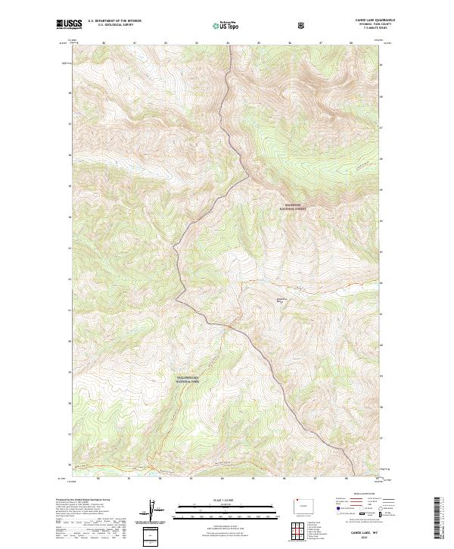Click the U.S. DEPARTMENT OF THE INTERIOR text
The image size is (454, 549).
(x=114, y=21)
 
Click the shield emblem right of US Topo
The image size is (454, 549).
(x=258, y=26)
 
